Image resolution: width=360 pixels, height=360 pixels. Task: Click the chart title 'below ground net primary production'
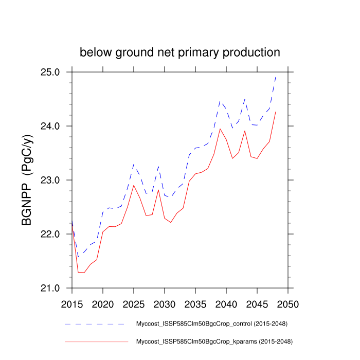pos(179,52)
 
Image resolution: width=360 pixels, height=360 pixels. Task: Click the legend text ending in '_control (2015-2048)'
pos(211,324)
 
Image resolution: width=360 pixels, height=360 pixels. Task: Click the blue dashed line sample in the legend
pos(95,325)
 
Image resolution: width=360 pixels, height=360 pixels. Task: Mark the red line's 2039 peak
pos(220,129)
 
